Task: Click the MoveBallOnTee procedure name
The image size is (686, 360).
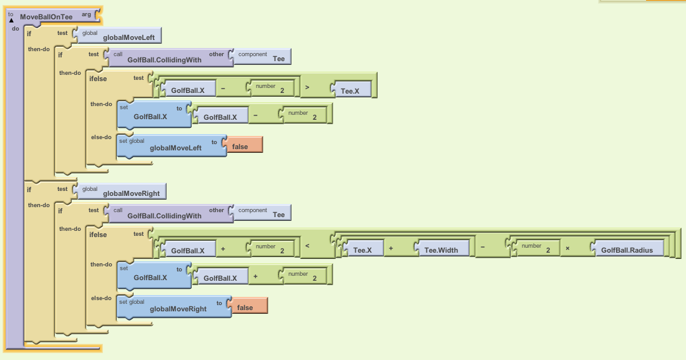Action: pyautogui.click(x=46, y=16)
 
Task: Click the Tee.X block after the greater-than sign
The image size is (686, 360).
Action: pyautogui.click(x=350, y=90)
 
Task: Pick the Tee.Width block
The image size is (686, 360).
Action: pyautogui.click(x=441, y=250)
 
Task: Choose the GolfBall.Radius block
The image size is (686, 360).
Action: pyautogui.click(x=627, y=250)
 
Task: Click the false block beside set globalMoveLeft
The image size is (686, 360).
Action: pyautogui.click(x=240, y=147)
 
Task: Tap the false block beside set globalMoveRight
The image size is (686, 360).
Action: pyautogui.click(x=245, y=308)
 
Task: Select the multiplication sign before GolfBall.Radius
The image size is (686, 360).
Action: pyautogui.click(x=567, y=248)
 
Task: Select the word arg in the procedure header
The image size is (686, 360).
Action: pyautogui.click(x=86, y=14)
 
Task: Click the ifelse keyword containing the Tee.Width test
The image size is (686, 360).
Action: pyautogui.click(x=98, y=235)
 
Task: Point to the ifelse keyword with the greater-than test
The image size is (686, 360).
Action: pyautogui.click(x=98, y=79)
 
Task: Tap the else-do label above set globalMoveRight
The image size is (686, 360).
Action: pyautogui.click(x=101, y=298)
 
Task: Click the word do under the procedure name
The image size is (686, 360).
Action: pyautogui.click(x=15, y=29)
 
